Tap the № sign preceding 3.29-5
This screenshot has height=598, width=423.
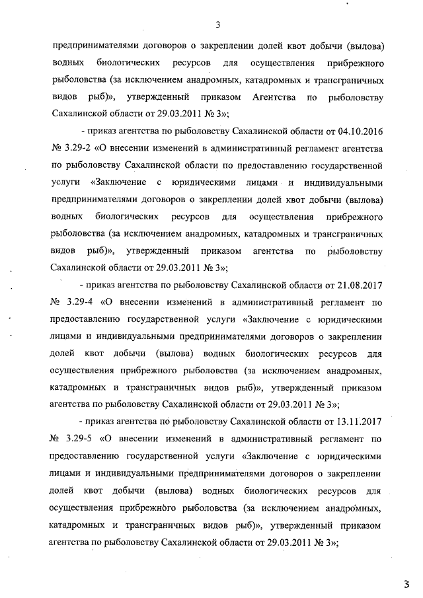point(56,438)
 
